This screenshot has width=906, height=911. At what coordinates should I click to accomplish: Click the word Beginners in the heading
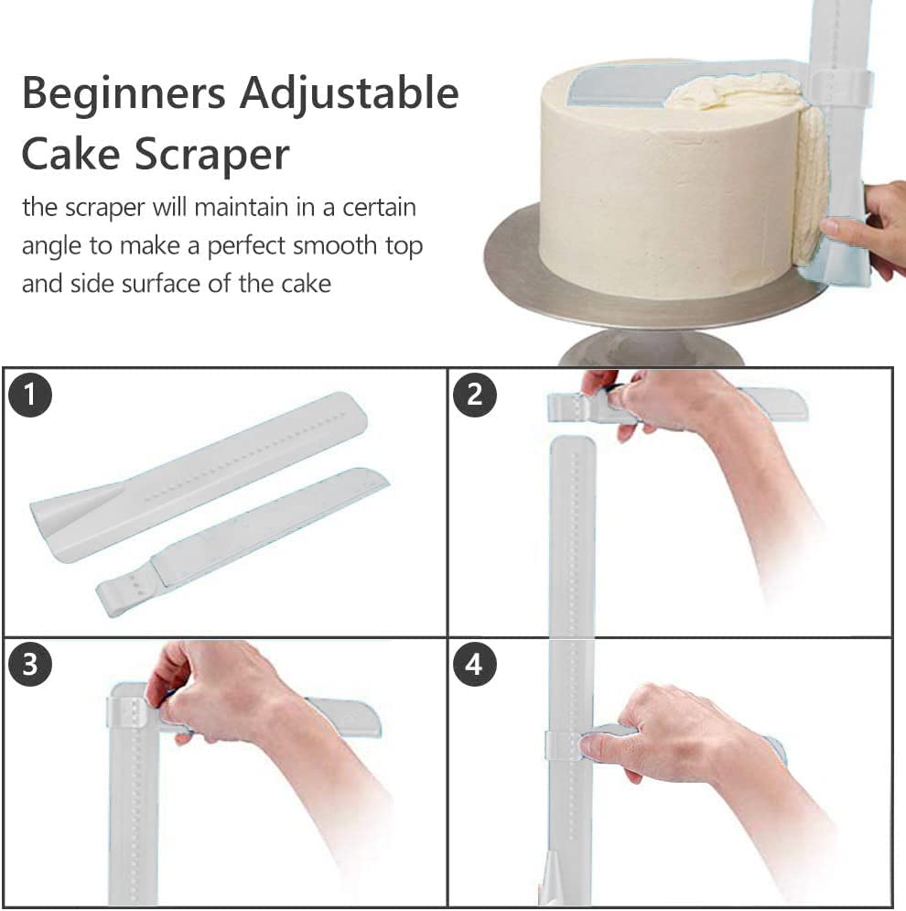coord(124,94)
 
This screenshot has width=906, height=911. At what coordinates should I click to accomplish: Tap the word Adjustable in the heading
coord(349,94)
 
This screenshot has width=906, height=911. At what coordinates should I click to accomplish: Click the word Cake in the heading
coord(70,155)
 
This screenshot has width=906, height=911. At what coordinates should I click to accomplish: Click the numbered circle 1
coord(30,396)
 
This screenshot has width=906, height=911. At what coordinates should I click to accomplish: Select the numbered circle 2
coord(474,396)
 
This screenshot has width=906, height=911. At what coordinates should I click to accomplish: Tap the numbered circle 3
coord(30,664)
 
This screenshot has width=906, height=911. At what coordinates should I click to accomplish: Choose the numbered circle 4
coord(474,664)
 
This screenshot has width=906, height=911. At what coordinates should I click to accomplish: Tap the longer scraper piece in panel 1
coord(198,476)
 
